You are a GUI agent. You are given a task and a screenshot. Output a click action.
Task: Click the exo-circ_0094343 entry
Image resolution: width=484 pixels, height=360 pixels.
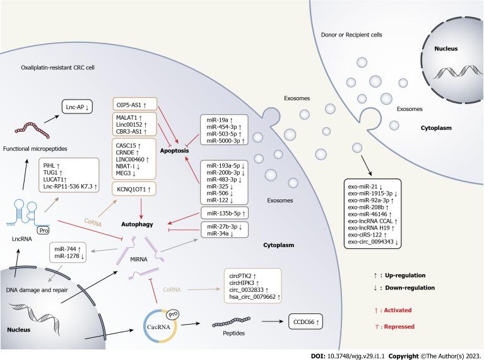point(375,242)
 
